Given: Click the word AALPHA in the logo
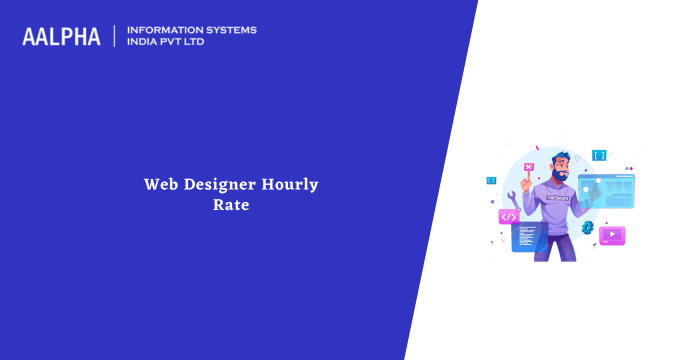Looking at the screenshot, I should pyautogui.click(x=61, y=37).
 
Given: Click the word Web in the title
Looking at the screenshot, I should pyautogui.click(x=161, y=184).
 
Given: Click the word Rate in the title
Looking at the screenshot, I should pyautogui.click(x=237, y=204).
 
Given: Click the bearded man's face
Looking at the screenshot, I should pyautogui.click(x=560, y=170).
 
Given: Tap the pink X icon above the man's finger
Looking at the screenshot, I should pyautogui.click(x=528, y=168).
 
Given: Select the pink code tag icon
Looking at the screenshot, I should pyautogui.click(x=509, y=216).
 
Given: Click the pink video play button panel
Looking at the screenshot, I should pyautogui.click(x=611, y=235).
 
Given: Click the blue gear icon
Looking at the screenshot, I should pyautogui.click(x=588, y=228).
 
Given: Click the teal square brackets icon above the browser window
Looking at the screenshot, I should pyautogui.click(x=598, y=155).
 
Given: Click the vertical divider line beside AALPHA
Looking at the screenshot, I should pyautogui.click(x=115, y=36).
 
